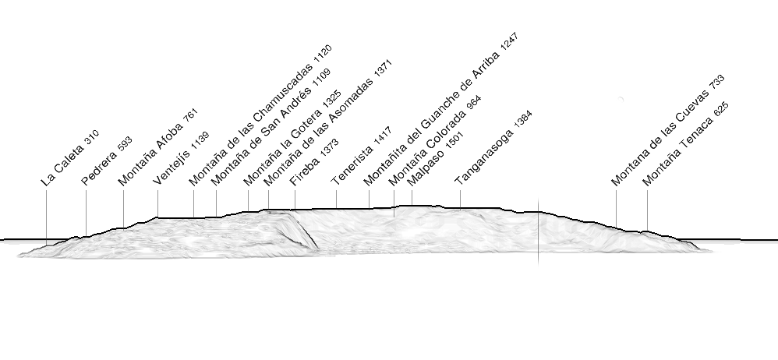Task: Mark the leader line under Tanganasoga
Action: tap(460, 199)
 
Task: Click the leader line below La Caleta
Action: tap(46, 217)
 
